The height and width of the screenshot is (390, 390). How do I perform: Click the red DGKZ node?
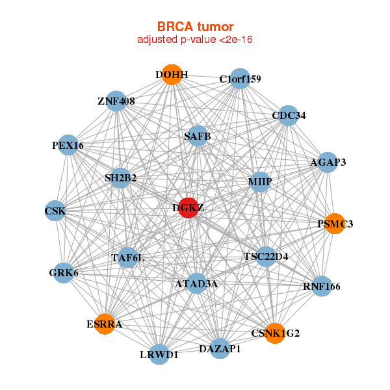click(x=187, y=208)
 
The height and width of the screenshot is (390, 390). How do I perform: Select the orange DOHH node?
click(x=172, y=75)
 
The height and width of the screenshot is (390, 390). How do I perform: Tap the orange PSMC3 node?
click(x=335, y=224)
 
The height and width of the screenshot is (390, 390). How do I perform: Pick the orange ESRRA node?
click(x=105, y=323)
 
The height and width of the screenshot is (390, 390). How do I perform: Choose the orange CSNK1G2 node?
click(x=275, y=333)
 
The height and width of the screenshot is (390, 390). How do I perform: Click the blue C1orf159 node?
click(x=240, y=79)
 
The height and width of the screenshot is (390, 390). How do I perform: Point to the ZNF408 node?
click(x=116, y=101)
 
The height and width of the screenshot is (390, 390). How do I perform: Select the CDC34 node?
click(x=289, y=116)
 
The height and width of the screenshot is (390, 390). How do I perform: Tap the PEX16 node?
click(x=68, y=146)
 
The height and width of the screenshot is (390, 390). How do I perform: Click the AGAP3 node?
click(x=328, y=162)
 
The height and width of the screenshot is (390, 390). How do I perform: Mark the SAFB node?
click(x=197, y=136)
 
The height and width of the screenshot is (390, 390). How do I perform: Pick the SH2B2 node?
click(x=120, y=177)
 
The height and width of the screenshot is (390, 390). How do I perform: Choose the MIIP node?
click(x=259, y=182)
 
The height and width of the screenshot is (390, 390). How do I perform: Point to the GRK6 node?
click(x=63, y=272)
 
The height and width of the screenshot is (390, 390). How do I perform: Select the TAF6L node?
click(x=127, y=258)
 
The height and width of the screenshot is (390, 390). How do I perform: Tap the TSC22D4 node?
click(x=266, y=256)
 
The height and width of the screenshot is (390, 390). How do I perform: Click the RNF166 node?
click(x=321, y=286)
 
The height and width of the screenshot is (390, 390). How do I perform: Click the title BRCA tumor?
click(x=195, y=27)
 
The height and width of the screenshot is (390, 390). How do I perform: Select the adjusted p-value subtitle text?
click(x=195, y=40)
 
